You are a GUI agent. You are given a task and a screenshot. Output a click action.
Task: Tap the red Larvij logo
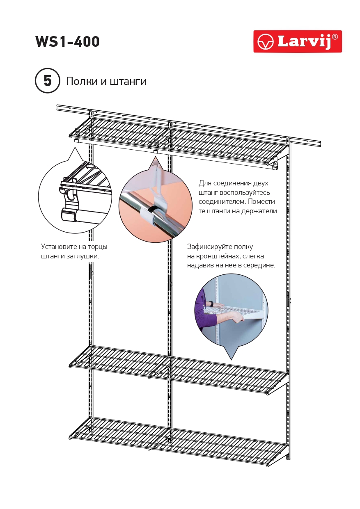click(x=298, y=41)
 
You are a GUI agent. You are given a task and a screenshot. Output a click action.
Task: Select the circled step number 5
click(x=48, y=81)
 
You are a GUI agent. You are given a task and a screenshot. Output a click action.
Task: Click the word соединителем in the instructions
click(x=222, y=202)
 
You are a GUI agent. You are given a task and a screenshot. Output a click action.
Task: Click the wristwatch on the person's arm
click(x=211, y=304)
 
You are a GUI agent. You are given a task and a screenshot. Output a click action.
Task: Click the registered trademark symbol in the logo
click(x=335, y=37)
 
